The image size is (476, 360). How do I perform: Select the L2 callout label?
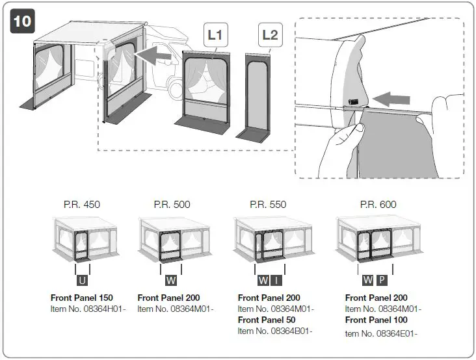(269, 34)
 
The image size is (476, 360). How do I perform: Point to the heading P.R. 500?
(172, 204)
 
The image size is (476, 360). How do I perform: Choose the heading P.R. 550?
(268, 204)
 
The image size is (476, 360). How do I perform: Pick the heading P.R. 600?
(378, 204)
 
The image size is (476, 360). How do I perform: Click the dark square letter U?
(83, 280)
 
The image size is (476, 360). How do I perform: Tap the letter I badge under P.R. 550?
(276, 280)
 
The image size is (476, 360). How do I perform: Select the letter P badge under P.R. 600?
(382, 280)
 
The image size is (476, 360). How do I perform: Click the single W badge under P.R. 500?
(171, 280)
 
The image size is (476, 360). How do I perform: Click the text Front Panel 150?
(82, 298)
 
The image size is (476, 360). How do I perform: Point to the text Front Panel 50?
(267, 320)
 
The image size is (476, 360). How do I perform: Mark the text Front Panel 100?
(376, 320)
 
